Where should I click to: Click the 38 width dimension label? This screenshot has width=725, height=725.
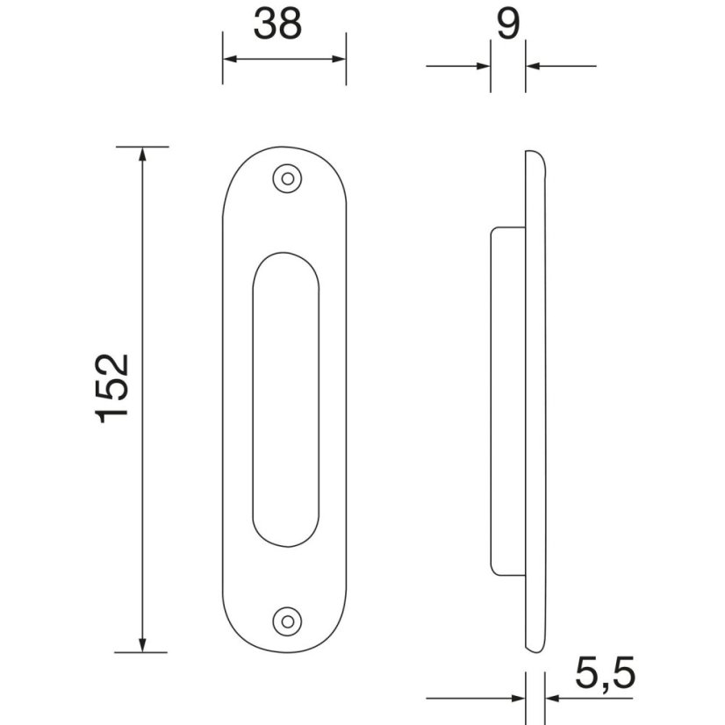click(277, 25)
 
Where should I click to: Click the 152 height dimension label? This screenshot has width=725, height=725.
click(113, 389)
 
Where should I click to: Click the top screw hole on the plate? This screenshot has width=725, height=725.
click(285, 179)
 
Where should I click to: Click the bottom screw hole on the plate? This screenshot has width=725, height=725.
click(285, 620)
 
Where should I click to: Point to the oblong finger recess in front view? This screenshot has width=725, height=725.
click(285, 399)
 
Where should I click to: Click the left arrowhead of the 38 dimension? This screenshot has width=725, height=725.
click(230, 59)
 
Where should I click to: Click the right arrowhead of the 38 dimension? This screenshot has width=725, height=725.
click(339, 59)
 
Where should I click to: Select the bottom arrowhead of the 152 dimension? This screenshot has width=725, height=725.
click(141, 644)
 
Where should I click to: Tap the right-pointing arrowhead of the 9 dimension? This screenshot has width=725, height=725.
click(482, 66)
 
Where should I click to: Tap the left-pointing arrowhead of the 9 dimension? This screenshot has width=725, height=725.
click(534, 66)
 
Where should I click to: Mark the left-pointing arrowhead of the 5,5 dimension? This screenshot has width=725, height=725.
click(553, 699)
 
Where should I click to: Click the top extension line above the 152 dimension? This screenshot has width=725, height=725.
click(141, 146)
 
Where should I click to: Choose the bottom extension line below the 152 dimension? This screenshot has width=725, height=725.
click(141, 652)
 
